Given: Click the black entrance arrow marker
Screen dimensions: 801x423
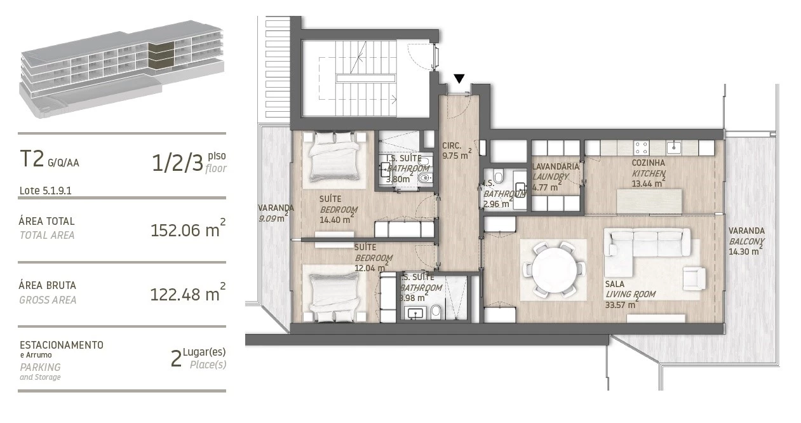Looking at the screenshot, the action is click(x=459, y=79).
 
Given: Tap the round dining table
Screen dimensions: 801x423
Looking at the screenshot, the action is click(x=554, y=269).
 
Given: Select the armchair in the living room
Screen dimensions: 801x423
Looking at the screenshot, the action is click(x=694, y=279).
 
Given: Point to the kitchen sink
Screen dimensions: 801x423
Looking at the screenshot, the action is click(x=674, y=147).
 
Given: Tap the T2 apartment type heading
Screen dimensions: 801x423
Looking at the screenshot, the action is click(x=32, y=159).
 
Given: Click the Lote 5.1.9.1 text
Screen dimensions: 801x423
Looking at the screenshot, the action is click(x=45, y=191).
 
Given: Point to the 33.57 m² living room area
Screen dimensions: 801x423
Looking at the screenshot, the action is click(x=621, y=304).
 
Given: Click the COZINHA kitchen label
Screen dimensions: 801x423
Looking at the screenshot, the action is click(x=649, y=163).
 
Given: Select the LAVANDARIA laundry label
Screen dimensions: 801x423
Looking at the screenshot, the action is click(x=555, y=166).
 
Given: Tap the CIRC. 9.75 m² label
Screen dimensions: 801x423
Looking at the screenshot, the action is click(x=457, y=151).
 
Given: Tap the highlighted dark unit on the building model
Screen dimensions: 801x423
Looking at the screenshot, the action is click(x=161, y=55).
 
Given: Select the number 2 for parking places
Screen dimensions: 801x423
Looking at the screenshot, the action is click(x=176, y=359).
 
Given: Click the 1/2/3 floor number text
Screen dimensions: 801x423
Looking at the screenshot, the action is click(x=177, y=163).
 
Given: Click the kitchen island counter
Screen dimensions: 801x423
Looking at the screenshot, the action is click(x=649, y=201).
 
